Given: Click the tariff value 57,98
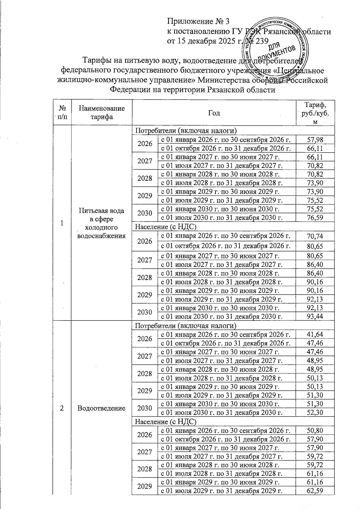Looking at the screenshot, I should pos(315,139).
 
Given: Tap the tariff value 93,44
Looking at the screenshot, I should pos(315,316).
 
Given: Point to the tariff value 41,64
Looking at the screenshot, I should pos(315,334).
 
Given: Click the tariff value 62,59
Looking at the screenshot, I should pos(315,491).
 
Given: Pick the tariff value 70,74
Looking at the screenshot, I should pos(315,237).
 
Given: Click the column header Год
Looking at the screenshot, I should pos(214,113).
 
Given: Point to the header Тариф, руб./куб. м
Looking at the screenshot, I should pos(315,113).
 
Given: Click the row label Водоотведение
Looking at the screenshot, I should pos(101,408).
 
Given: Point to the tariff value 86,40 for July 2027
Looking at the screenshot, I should pos(315,264).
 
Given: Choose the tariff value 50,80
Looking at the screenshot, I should pos(315,430).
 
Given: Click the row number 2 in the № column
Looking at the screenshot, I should pos(61,408).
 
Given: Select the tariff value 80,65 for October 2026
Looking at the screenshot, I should pos(315,246).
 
